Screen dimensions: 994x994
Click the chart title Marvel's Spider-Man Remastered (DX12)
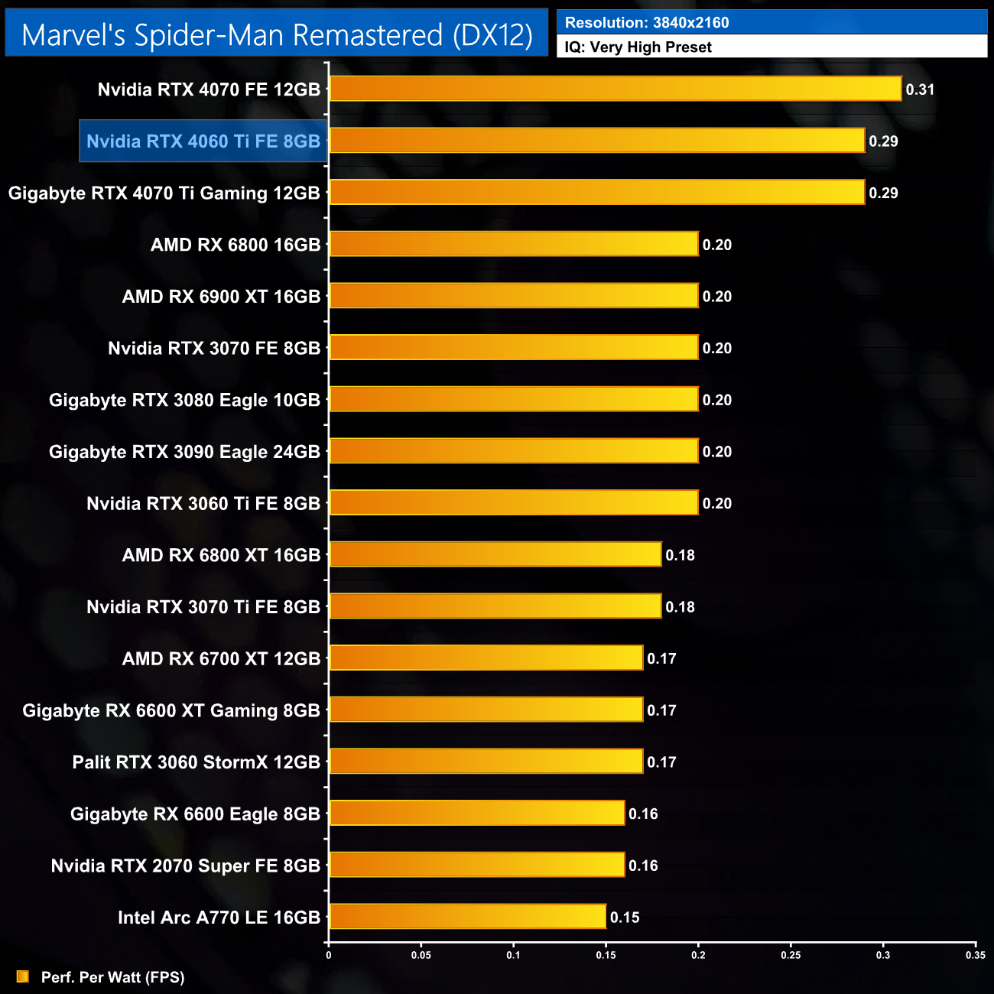277,34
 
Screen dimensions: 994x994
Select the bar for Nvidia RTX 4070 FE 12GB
615,89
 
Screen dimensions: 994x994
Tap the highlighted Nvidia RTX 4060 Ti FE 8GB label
203,141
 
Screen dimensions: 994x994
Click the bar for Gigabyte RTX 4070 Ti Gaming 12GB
596,193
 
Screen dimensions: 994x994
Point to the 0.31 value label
920,89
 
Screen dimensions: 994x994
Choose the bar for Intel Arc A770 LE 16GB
467,917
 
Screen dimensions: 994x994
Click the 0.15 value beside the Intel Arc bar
625,918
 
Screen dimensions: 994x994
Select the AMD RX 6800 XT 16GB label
221,555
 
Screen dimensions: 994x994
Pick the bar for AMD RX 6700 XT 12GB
486,658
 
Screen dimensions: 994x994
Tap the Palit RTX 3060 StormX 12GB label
197,762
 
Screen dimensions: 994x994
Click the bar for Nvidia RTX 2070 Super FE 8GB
476,866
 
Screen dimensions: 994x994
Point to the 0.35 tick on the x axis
975,955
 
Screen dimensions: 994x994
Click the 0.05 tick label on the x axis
421,955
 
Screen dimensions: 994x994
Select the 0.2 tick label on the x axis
698,955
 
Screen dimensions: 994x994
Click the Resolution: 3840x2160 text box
771,22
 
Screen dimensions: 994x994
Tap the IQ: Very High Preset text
638,47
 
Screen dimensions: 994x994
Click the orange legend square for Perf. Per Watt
23,976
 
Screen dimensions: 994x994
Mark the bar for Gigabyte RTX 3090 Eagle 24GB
513,451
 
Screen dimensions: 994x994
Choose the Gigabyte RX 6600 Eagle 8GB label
195,814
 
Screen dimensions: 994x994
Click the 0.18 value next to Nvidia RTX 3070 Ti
680,607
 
